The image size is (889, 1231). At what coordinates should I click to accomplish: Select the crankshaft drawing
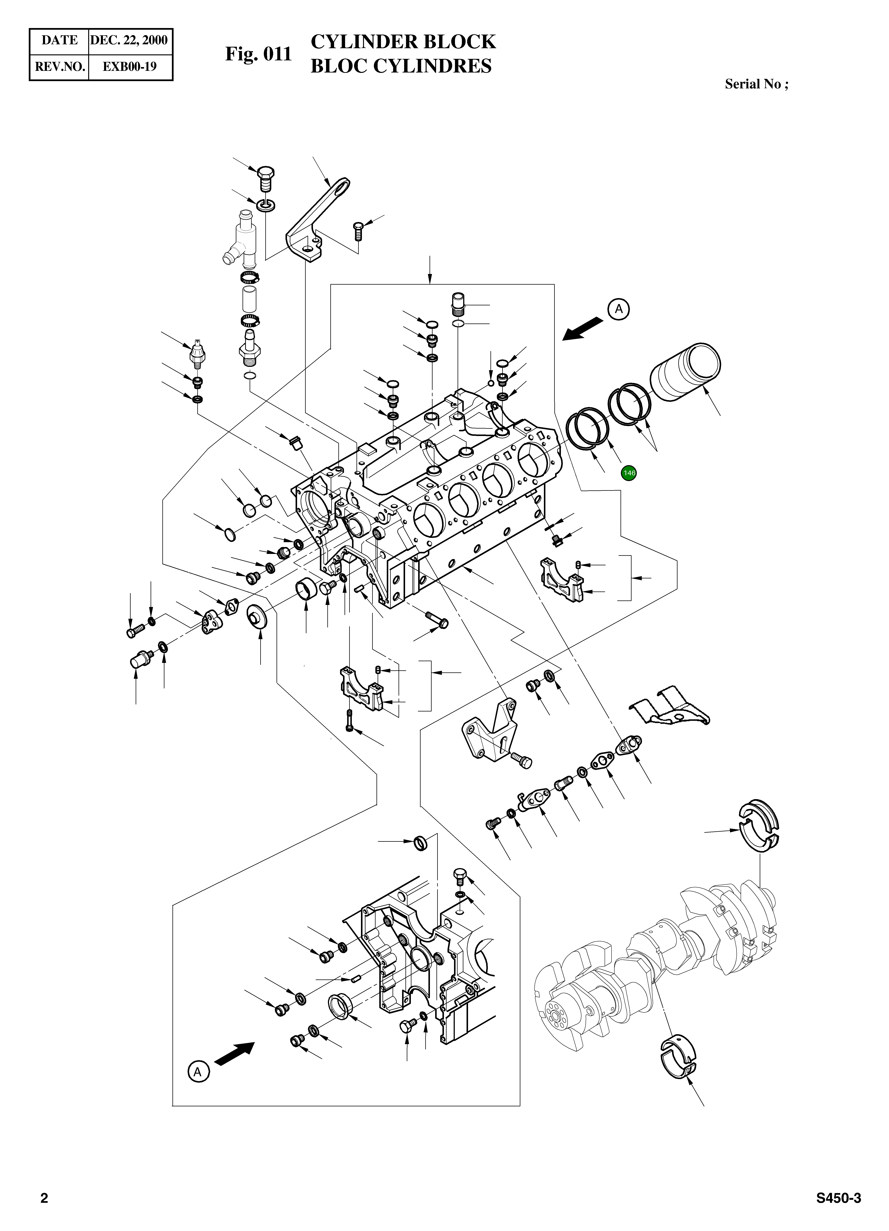[x=657, y=961]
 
